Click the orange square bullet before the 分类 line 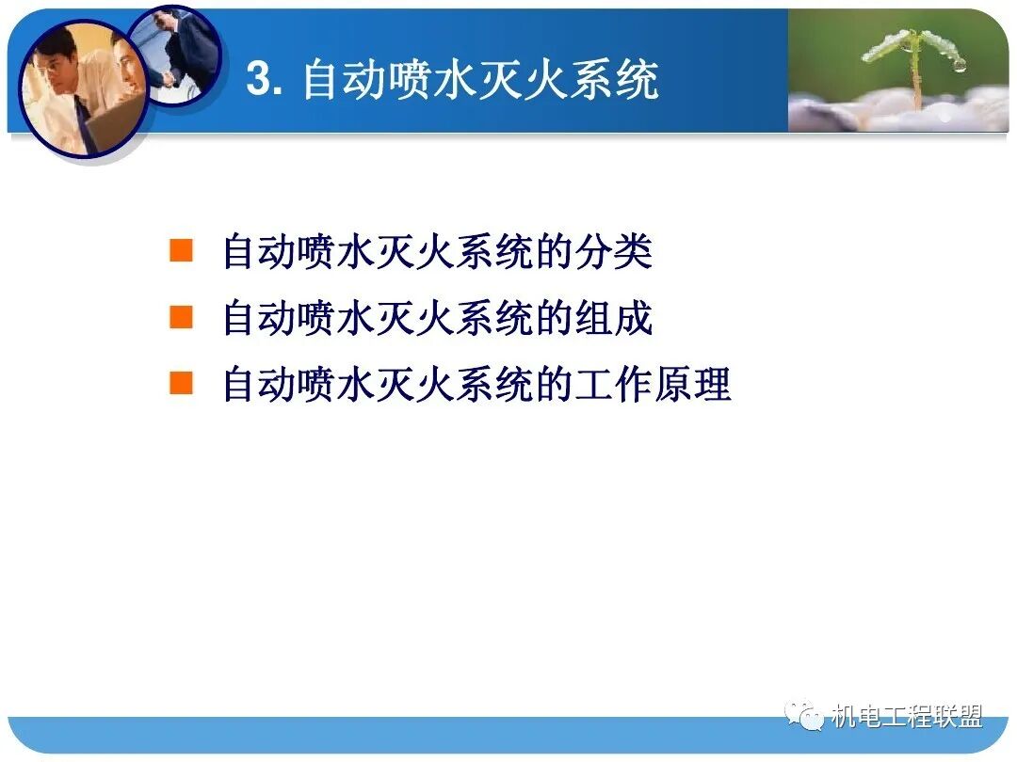[181, 250]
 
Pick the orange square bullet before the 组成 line [181, 317]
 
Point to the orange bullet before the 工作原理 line [181, 383]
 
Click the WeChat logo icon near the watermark [805, 717]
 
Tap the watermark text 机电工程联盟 [906, 717]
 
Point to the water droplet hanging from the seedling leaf [959, 65]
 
